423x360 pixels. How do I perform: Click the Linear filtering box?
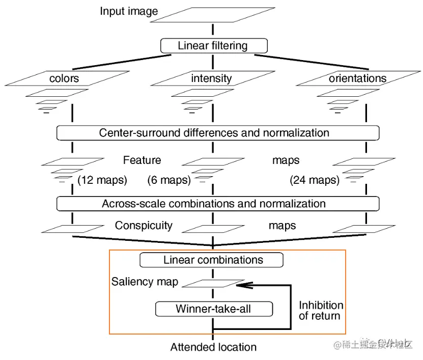213,46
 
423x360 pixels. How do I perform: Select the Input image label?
129,11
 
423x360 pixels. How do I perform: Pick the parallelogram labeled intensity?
211,78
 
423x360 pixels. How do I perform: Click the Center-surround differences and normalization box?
218,133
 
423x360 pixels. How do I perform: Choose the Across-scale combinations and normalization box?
218,204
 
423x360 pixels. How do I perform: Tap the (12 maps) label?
102,180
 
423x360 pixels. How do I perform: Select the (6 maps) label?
169,180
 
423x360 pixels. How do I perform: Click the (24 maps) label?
315,180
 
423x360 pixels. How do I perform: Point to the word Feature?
142,160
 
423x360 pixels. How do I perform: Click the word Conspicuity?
144,225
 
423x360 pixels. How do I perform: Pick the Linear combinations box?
213,260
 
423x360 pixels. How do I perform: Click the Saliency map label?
145,282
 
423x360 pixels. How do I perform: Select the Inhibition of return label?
321,311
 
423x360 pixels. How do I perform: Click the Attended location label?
213,347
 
